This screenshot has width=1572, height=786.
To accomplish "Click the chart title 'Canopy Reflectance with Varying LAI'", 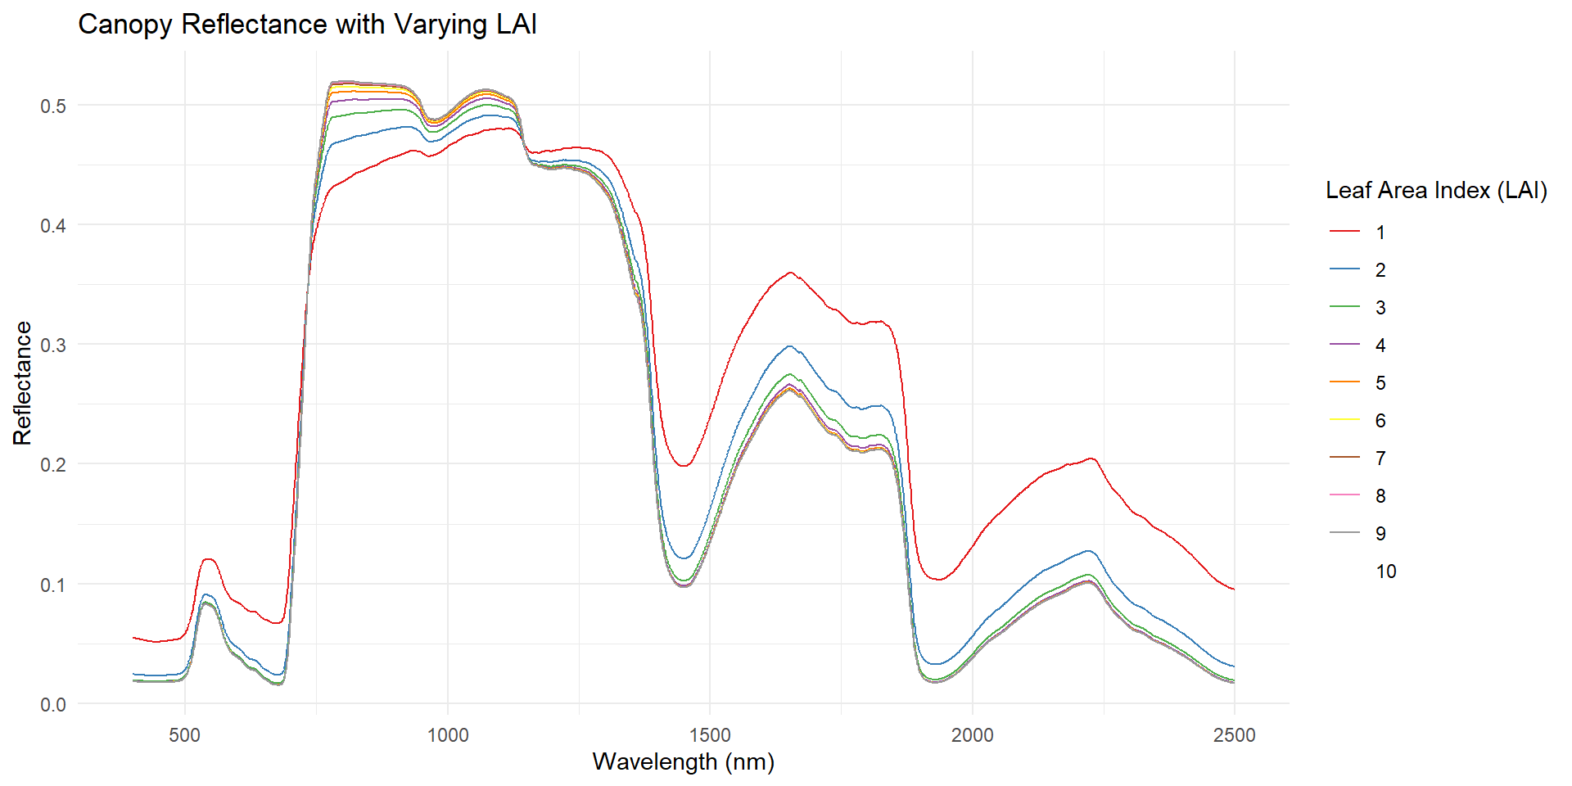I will (x=307, y=25).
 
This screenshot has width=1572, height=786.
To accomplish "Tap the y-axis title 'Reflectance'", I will (x=22, y=383).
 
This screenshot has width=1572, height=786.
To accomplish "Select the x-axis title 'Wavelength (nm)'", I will (x=683, y=761).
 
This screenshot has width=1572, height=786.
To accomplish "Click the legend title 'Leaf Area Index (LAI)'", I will (x=1436, y=191).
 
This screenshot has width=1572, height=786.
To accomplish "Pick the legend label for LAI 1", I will (x=1380, y=233).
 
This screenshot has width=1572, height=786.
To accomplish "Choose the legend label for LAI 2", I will (x=1380, y=270).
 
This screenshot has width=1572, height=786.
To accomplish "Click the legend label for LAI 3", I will (x=1380, y=308).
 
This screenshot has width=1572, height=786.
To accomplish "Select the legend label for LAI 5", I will (x=1380, y=383).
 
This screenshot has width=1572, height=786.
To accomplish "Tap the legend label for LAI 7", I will (x=1380, y=458).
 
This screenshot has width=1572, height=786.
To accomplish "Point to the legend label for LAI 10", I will (x=1385, y=571).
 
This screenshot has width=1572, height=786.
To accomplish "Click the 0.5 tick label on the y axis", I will (x=53, y=106).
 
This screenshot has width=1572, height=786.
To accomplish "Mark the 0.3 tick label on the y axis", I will (x=53, y=345).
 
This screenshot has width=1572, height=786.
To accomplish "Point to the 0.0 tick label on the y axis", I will (x=53, y=704).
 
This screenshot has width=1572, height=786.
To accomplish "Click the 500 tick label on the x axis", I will (x=185, y=735).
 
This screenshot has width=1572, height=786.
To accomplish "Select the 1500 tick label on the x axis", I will (x=710, y=735).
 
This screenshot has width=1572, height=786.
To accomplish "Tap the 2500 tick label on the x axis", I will (x=1234, y=735).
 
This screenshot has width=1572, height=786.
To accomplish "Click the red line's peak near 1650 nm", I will (x=790, y=273).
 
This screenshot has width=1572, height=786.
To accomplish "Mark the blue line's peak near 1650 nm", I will (x=790, y=346).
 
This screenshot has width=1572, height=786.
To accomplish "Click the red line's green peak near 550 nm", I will (x=208, y=559).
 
